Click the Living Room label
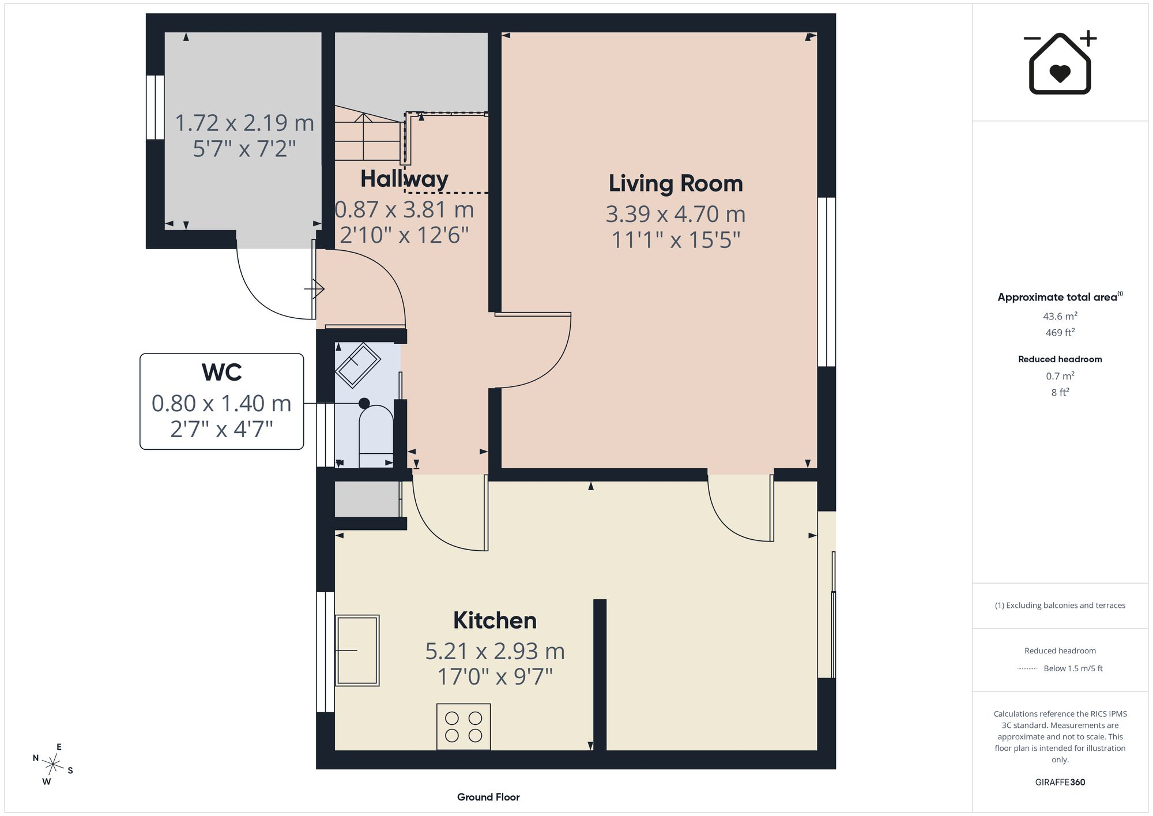pyautogui.click(x=676, y=183)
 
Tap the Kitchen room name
pyautogui.click(x=495, y=621)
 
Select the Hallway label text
pyautogui.click(x=404, y=179)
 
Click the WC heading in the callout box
pyautogui.click(x=221, y=373)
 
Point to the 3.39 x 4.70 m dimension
pyautogui.click(x=676, y=214)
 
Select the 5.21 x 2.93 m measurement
pyautogui.click(x=495, y=651)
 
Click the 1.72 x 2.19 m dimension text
pyautogui.click(x=244, y=123)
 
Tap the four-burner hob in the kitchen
pyautogui.click(x=464, y=727)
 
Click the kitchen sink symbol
pyautogui.click(x=357, y=650)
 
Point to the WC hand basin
pyautogui.click(x=358, y=366)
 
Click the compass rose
pyautogui.click(x=53, y=765)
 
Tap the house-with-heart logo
pyautogui.click(x=1060, y=62)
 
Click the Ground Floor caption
pyautogui.click(x=488, y=797)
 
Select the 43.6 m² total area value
pyautogui.click(x=1060, y=316)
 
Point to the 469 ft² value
pyautogui.click(x=1060, y=332)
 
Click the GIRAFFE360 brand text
pyautogui.click(x=1060, y=782)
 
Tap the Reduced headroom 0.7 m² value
pyautogui.click(x=1060, y=376)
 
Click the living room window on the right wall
pyautogui.click(x=827, y=282)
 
